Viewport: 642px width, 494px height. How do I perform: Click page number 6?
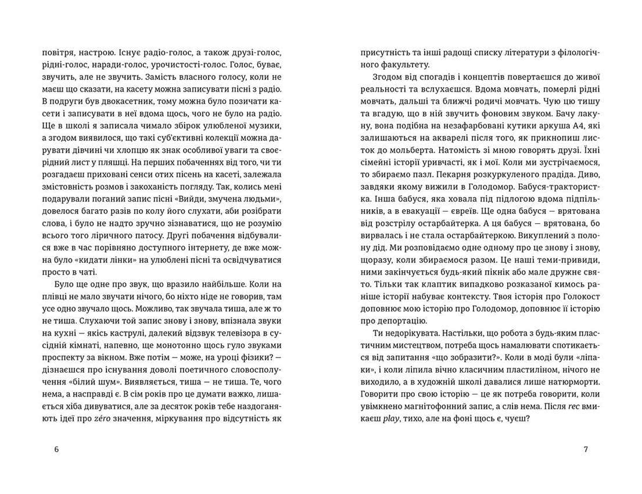coord(56,449)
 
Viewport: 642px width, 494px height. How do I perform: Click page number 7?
coord(586,449)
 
